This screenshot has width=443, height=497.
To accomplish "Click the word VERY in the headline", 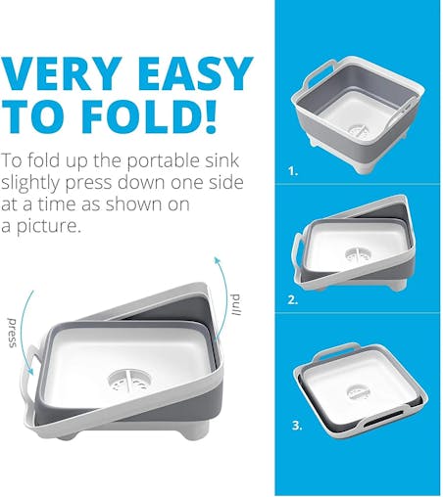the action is coord(62,73).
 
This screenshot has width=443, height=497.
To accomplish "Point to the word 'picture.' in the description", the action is coord(48,226).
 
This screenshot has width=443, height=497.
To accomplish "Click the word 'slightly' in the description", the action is coord(31,183).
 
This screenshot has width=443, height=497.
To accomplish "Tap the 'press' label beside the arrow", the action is coord(13,332).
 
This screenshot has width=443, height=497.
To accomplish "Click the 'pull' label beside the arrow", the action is coord(235,304).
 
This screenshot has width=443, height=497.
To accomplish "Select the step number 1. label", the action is coord(293,171).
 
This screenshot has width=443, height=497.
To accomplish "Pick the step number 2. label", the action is coord(293,299).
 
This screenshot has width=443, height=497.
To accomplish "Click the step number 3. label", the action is coord(297,426).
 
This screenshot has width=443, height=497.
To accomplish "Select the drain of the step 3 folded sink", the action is coord(359,392).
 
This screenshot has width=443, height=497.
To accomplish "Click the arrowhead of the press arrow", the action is coord(30,372).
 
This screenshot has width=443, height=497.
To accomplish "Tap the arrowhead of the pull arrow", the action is coord(216,260).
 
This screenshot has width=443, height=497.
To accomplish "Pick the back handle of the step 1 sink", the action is coord(321,73).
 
